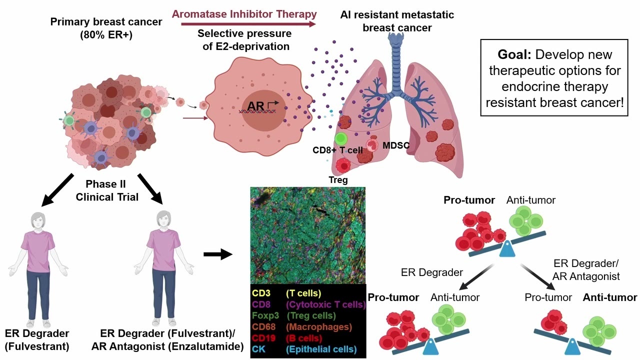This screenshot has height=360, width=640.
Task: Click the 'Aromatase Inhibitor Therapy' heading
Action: pos(244,14)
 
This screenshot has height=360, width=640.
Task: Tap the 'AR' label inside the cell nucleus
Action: pos(255,106)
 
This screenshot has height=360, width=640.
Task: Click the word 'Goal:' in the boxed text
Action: pos(514,54)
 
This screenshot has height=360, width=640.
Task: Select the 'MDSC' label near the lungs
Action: pos(396,145)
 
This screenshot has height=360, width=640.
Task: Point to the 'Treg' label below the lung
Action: pos(338,180)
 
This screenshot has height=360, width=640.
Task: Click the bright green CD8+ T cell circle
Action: pos(341,139)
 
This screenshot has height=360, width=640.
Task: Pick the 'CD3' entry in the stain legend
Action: pos(261,293)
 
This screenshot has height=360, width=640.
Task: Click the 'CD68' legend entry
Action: pos(263,327)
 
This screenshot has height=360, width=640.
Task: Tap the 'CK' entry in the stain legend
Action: pos(258,349)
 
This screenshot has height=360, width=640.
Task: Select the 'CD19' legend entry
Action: pos(263,338)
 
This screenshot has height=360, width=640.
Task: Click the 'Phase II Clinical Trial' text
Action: pos(106,190)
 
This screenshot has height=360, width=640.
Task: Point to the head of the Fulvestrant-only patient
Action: pos(38,220)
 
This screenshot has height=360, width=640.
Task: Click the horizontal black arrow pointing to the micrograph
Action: pos(217,254)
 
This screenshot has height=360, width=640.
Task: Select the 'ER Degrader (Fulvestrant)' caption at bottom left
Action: pos(37,340)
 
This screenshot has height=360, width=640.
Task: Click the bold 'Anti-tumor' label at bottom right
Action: pos(610,297)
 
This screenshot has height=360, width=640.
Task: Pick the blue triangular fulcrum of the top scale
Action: pos(507,249)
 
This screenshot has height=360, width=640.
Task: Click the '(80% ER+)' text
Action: pos(106,35)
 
